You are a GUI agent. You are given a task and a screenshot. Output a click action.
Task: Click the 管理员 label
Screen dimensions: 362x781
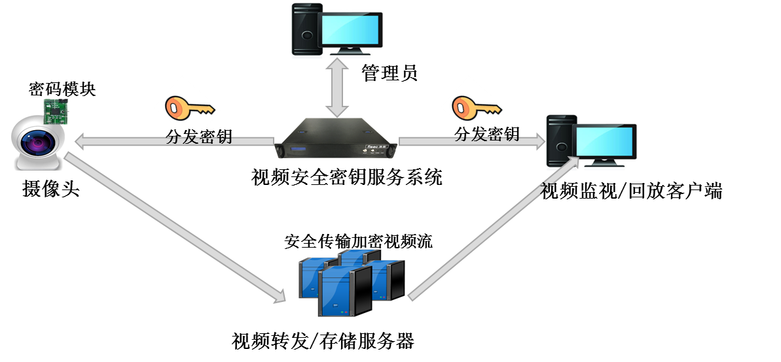[390, 73]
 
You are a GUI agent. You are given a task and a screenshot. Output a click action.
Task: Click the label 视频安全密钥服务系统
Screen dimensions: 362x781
[347, 177]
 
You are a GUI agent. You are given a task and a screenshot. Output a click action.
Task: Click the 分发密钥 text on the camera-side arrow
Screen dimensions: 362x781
[199, 137]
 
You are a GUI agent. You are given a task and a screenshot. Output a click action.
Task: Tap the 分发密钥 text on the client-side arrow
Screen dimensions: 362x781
[487, 135]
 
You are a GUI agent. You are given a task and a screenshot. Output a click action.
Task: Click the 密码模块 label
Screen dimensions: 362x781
[62, 89]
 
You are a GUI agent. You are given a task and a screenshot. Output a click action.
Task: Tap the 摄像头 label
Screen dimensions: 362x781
[51, 189]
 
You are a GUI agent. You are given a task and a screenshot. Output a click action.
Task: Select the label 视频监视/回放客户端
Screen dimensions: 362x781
[632, 191]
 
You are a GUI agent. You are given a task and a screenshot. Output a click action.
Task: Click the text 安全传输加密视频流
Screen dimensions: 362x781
[358, 240]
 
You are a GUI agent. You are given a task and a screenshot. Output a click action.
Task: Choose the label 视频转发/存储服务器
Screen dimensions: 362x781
[323, 341]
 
